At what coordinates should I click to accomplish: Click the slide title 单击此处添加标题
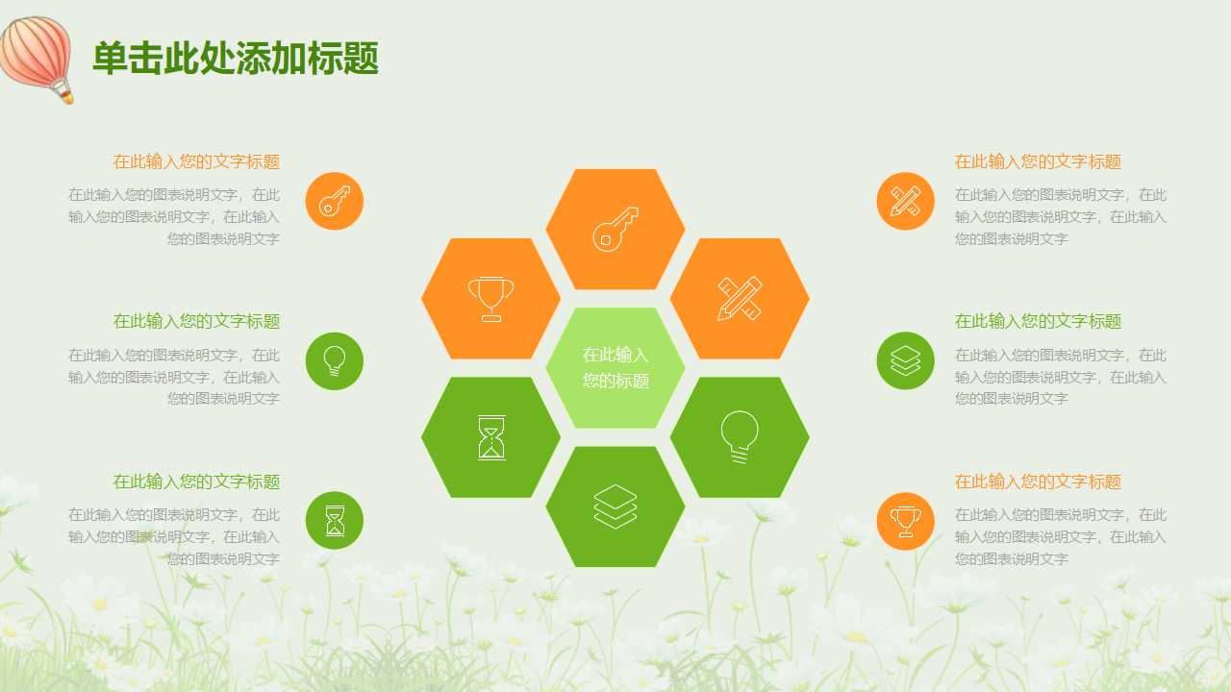(x=236, y=59)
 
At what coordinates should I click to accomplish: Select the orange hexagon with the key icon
(x=615, y=229)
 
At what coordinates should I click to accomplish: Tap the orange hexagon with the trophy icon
(x=490, y=298)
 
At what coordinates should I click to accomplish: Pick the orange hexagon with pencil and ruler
(x=740, y=298)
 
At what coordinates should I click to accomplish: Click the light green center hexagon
(x=615, y=367)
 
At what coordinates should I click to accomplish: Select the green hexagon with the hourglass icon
(x=490, y=437)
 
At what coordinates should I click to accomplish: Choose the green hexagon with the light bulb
(x=740, y=437)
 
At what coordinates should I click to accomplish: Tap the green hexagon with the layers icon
(x=615, y=507)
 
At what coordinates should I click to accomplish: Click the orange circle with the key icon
(x=335, y=201)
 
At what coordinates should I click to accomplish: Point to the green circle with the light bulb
(x=335, y=360)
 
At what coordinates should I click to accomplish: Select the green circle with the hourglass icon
(x=335, y=520)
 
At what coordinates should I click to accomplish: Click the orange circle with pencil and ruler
(x=905, y=201)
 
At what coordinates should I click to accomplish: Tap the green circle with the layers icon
(x=905, y=360)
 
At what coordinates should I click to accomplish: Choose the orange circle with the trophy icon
(x=905, y=520)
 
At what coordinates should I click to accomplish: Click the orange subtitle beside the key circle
(x=196, y=161)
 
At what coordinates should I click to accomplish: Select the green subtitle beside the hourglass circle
(x=196, y=482)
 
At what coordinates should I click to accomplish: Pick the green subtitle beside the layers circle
(x=1038, y=321)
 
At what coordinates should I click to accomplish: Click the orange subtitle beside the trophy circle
(x=1038, y=482)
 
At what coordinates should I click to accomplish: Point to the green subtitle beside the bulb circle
(x=196, y=321)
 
